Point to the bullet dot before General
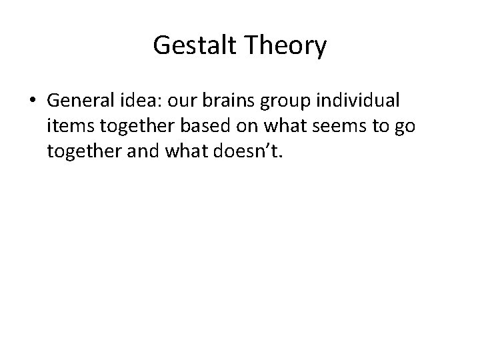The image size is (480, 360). (x=33, y=101)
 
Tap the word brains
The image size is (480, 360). (x=238, y=101)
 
